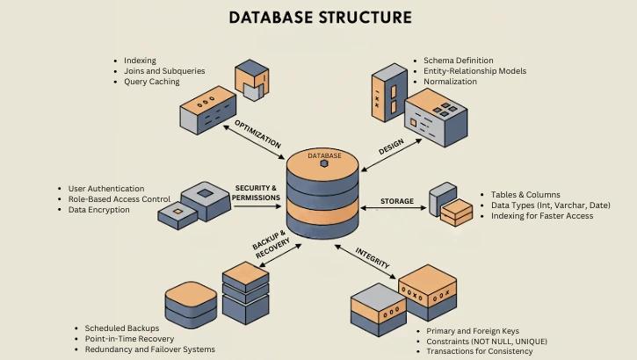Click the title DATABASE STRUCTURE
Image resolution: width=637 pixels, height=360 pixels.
[x=320, y=18]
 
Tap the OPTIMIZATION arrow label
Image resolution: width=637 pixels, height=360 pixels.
[x=257, y=134]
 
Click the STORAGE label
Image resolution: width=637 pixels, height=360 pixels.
[x=396, y=201]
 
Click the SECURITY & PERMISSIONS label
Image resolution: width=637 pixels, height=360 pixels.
[x=257, y=193]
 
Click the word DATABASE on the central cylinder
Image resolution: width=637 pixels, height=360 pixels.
[x=324, y=155]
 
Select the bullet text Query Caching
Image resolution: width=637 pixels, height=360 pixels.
[x=151, y=82]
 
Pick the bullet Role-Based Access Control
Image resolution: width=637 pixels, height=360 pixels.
[x=119, y=199]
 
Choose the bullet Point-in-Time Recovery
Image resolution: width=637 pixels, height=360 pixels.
[x=129, y=339]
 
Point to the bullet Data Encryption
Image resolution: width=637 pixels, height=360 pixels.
[x=98, y=210]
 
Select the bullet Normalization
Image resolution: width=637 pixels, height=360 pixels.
[x=450, y=82]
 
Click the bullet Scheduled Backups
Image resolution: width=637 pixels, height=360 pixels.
[x=122, y=328]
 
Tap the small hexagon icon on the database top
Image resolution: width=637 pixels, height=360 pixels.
[x=324, y=163]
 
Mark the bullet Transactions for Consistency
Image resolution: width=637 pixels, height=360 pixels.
[x=479, y=351]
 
